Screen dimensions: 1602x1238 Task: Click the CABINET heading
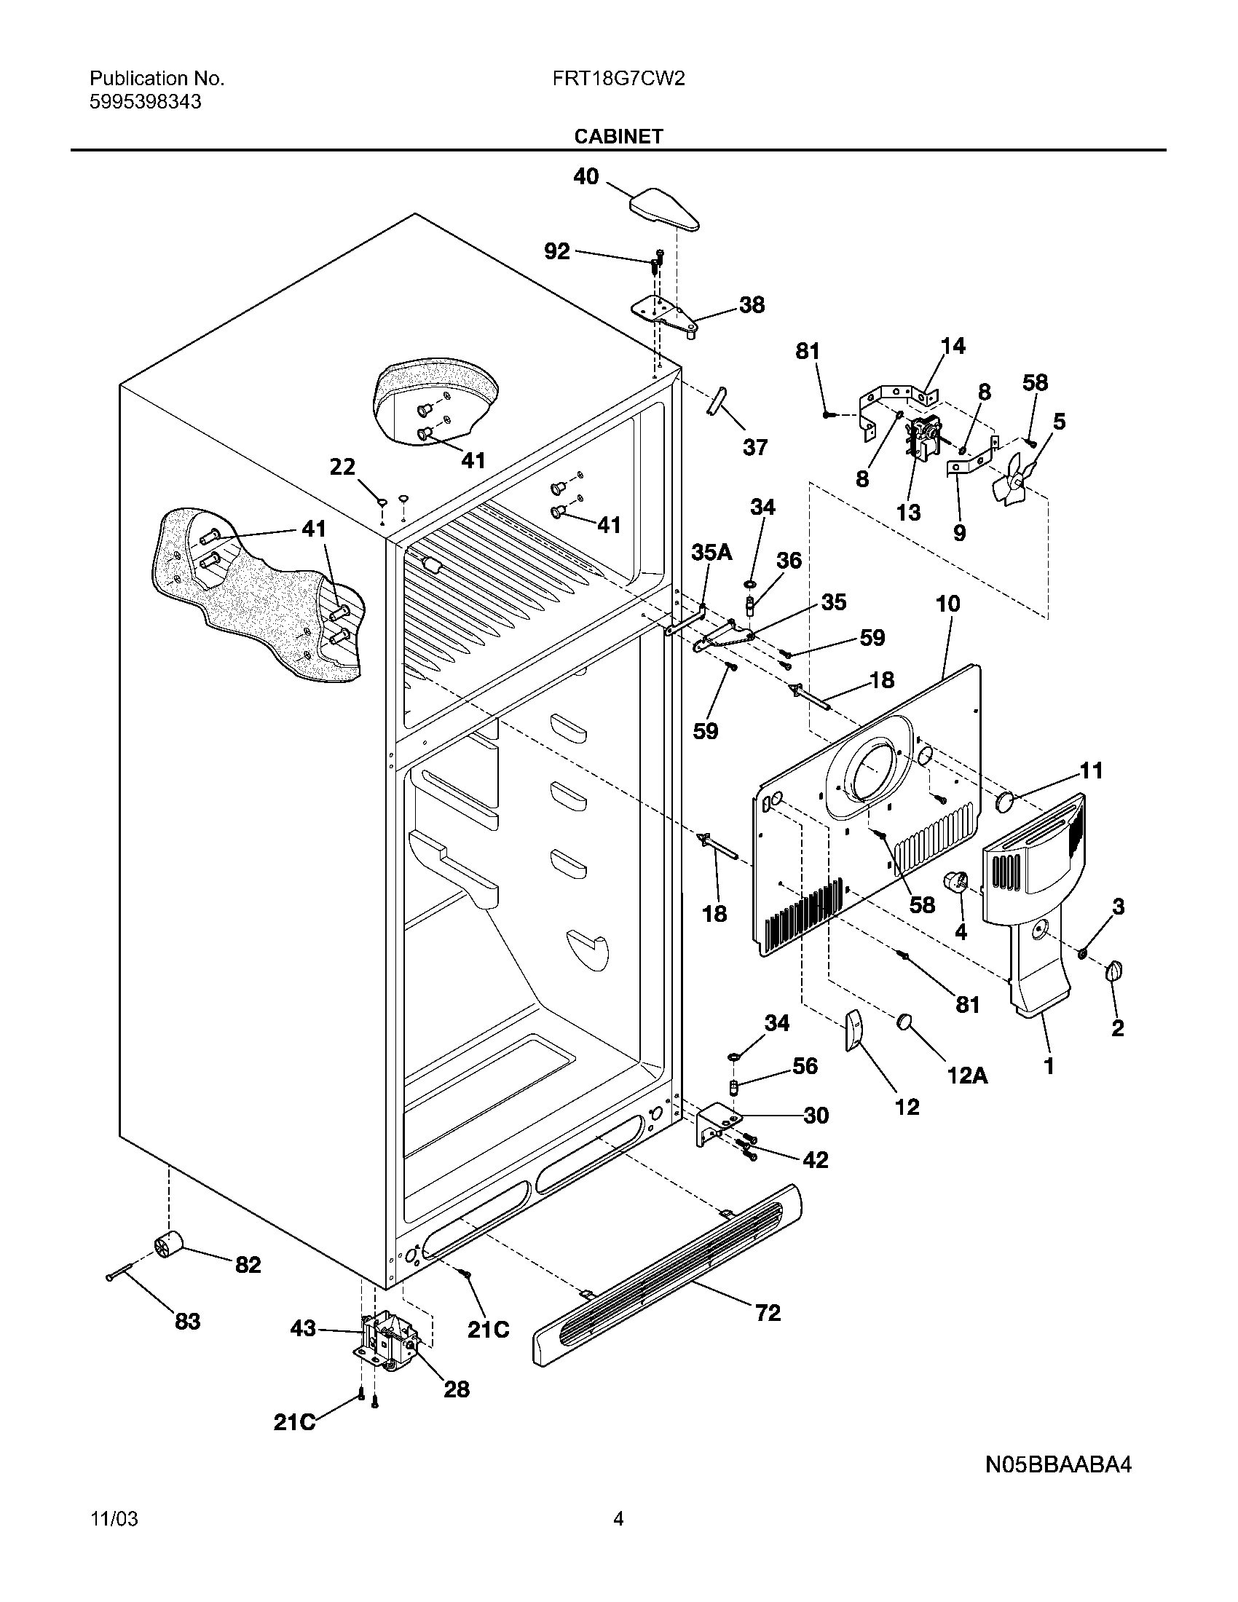[618, 136]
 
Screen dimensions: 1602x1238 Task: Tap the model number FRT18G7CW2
[618, 79]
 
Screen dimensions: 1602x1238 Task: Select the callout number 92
[556, 252]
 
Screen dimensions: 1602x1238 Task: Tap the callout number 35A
[711, 553]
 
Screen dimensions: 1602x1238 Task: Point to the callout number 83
[187, 1322]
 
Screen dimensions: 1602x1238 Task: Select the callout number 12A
[967, 1076]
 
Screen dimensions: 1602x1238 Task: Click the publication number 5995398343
[145, 102]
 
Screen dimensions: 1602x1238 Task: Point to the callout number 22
[342, 467]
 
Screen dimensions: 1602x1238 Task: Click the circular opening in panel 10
[870, 774]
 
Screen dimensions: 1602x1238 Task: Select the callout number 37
[754, 446]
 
